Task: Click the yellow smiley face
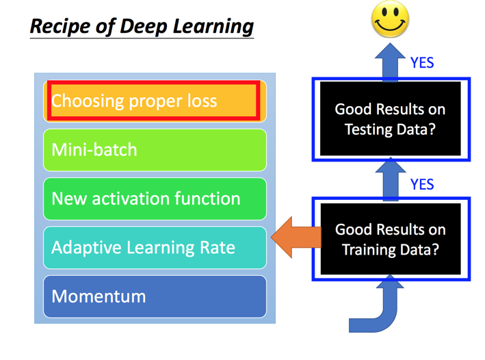point(390,19)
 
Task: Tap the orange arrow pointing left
point(296,237)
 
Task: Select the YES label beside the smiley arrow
point(422,63)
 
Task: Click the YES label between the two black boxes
point(422,185)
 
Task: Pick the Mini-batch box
point(155,150)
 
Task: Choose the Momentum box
point(155,296)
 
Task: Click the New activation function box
point(155,198)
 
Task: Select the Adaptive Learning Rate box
point(155,247)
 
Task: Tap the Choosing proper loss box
point(155,101)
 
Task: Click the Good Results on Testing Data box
point(391,119)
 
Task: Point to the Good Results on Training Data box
point(391,239)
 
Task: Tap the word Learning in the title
point(213,26)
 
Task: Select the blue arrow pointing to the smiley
point(390,62)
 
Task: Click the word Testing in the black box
point(369,129)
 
